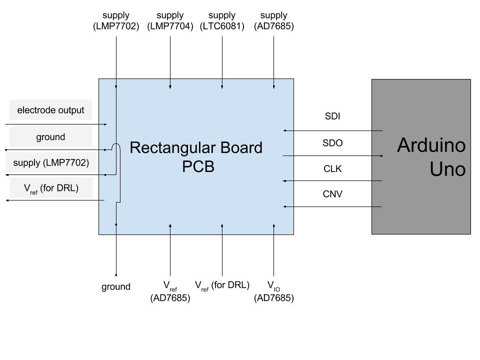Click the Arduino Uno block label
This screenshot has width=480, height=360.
(431, 157)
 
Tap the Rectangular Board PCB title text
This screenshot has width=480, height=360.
(196, 157)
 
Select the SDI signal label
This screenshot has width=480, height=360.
(333, 116)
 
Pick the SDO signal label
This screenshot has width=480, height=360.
(333, 143)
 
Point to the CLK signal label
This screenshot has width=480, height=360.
(333, 168)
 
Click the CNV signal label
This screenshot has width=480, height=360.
(333, 194)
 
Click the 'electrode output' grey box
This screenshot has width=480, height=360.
(50, 110)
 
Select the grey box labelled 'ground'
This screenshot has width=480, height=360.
(50, 136)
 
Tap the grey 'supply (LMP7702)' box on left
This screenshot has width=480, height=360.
(50, 162)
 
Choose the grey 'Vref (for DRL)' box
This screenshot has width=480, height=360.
(50, 188)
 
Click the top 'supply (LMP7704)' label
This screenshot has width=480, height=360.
(170, 20)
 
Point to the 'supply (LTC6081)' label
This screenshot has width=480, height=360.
(222, 20)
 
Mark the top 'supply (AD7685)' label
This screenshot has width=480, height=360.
(273, 20)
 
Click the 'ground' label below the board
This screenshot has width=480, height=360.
(116, 286)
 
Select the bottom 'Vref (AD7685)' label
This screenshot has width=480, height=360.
(170, 291)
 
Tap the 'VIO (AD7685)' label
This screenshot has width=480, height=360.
(273, 291)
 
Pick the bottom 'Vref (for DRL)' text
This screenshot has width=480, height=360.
(222, 285)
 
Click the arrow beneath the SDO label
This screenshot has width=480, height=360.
(333, 156)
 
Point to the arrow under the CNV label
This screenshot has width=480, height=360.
(333, 206)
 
